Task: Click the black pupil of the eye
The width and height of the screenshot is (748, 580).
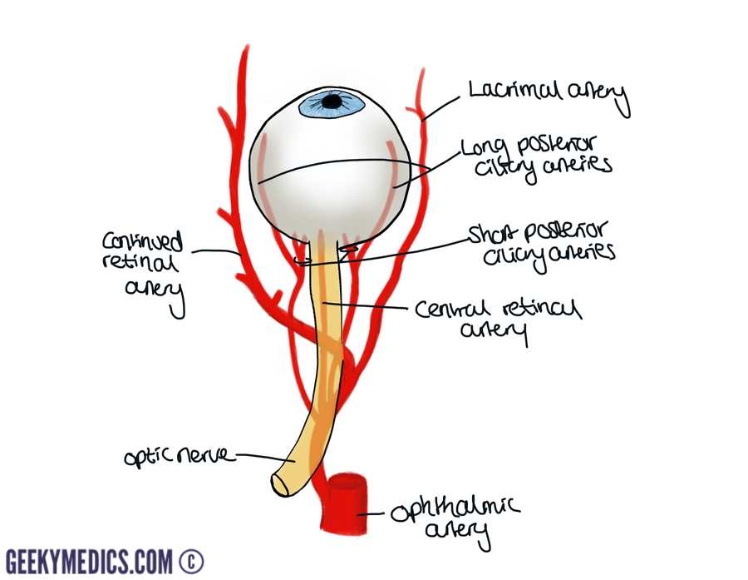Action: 332,102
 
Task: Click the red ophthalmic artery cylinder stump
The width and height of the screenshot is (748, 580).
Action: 342,502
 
